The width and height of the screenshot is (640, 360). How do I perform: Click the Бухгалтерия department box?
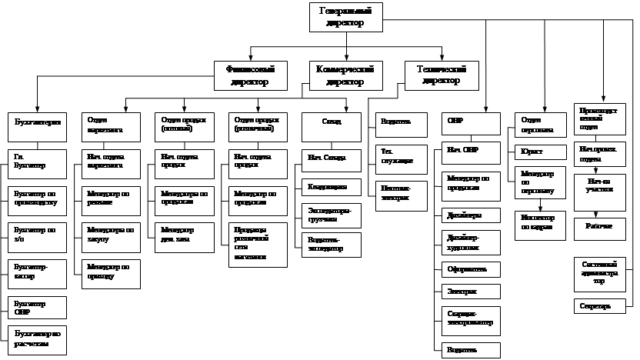[38, 126]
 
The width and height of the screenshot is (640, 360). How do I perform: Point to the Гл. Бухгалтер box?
[38, 163]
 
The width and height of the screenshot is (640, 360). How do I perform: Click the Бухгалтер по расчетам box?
[38, 339]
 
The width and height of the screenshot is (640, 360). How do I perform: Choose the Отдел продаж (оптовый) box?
[182, 126]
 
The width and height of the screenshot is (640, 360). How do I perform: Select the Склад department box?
[331, 126]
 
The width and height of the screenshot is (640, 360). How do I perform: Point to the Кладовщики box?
[331, 187]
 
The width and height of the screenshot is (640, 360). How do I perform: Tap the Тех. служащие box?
[398, 155]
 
